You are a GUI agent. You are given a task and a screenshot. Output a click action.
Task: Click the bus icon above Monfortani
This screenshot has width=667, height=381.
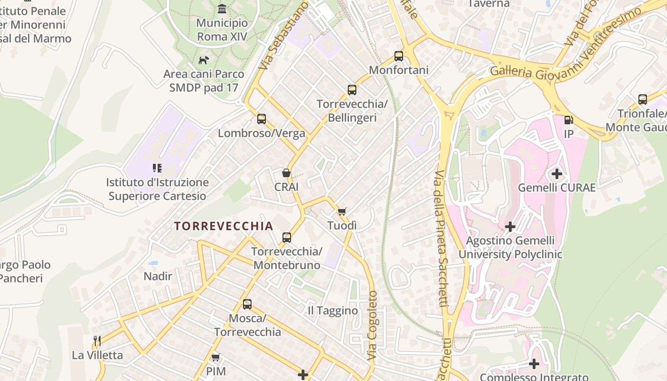pos(399,56)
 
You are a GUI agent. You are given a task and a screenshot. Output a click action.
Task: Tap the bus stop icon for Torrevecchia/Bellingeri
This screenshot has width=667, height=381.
pos(352,90)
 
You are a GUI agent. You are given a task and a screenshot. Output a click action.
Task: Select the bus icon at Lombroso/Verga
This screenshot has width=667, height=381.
pos(262,119)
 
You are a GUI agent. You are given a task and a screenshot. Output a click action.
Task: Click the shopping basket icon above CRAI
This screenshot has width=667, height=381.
pos(286,173)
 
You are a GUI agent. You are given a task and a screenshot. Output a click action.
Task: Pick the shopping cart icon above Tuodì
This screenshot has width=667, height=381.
pos(342,211)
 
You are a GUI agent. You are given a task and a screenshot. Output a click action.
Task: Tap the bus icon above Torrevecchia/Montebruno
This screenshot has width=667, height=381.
pos(287,237)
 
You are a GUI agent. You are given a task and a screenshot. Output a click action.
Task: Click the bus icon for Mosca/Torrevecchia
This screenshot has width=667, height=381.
pos(247,304)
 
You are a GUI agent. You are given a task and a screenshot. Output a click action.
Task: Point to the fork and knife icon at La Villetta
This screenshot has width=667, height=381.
pos(97,341)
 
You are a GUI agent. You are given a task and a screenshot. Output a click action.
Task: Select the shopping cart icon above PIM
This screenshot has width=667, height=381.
pos(216,357)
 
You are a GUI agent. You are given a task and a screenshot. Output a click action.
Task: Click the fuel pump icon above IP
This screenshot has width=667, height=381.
pos(568,120)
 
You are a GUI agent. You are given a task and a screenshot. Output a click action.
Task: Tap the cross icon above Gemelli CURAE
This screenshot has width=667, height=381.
pos(556,173)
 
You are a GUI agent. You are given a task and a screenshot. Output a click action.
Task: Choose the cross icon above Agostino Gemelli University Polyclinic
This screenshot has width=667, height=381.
pos(510,227)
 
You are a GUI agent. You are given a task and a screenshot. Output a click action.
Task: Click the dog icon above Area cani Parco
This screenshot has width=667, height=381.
pos(203,60)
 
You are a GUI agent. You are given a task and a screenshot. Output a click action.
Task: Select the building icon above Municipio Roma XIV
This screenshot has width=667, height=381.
pos(222,9)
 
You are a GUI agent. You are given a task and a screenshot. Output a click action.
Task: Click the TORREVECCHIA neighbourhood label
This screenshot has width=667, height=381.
pos(223,226)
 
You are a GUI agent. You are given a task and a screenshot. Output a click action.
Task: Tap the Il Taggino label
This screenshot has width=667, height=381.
pos(333,311)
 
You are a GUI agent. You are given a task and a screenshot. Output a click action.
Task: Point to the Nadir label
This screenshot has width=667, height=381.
pos(158,276)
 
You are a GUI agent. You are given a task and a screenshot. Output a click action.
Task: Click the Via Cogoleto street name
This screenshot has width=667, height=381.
pos(372,325)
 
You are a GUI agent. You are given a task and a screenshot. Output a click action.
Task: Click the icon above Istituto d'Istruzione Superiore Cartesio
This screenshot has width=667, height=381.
pos(157,168)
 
